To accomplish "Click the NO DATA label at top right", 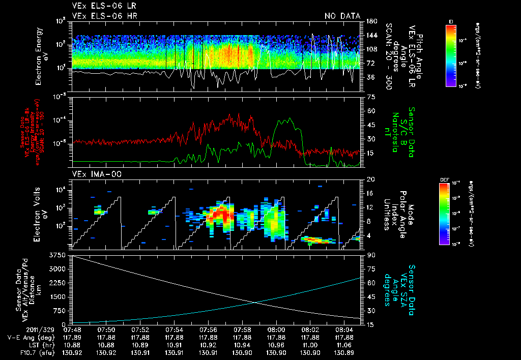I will tap(341, 16).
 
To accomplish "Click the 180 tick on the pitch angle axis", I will tap(371, 21).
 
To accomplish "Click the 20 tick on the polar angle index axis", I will tap(370, 179).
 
